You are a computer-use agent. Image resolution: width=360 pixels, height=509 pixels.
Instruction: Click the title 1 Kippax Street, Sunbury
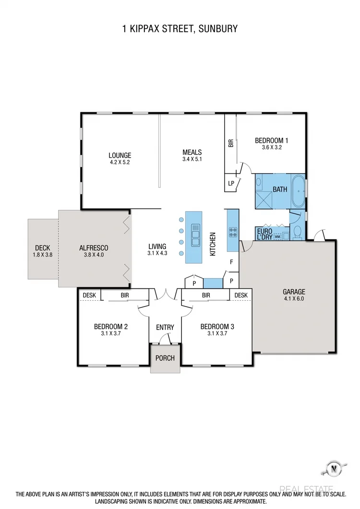pyautogui.click(x=180, y=29)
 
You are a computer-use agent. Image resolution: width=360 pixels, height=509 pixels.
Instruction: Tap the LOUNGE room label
pyautogui.click(x=120, y=155)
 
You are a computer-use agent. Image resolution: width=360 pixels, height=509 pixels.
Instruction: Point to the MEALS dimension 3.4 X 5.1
pyautogui.click(x=192, y=159)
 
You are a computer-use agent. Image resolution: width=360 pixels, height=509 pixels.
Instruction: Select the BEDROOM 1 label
pyautogui.click(x=271, y=141)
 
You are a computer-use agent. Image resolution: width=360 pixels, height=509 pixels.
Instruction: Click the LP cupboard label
pyautogui.click(x=231, y=183)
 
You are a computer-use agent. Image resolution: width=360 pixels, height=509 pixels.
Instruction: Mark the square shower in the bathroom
pyautogui.click(x=264, y=199)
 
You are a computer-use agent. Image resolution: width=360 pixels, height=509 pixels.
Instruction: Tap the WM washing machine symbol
pyautogui.click(x=277, y=236)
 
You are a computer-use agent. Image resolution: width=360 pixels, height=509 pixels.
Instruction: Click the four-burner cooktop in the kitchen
pyautogui.click(x=233, y=232)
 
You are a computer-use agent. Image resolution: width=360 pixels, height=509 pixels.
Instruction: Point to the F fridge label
pyautogui.click(x=231, y=262)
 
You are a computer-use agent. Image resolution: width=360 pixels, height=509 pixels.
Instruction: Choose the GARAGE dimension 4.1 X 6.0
pyautogui.click(x=293, y=298)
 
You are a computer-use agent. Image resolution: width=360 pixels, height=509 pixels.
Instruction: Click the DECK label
pyautogui.click(x=42, y=248)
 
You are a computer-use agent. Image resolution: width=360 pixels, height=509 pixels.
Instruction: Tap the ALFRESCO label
pyautogui.click(x=94, y=248)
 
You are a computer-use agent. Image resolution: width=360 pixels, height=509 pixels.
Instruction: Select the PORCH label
pyautogui.click(x=165, y=358)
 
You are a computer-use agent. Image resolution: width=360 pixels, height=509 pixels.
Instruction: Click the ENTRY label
pyautogui.click(x=165, y=327)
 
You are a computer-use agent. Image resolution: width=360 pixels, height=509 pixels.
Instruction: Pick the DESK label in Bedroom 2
pyautogui.click(x=89, y=295)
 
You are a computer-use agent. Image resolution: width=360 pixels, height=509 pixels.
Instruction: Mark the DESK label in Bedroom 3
pyautogui.click(x=241, y=295)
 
